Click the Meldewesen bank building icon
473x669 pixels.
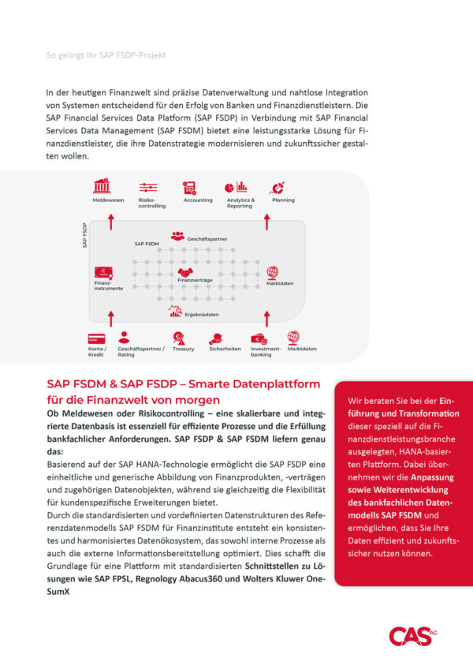point(102,187)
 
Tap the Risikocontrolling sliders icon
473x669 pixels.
point(147,187)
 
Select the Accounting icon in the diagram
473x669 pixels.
point(189,187)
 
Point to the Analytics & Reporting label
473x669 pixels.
point(240,203)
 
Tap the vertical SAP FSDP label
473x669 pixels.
point(84,235)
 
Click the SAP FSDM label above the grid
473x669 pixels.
point(147,245)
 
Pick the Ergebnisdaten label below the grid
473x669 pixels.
point(201,315)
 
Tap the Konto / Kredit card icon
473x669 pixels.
point(97,338)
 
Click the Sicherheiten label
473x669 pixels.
point(225,349)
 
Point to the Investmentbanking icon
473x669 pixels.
point(259,338)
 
